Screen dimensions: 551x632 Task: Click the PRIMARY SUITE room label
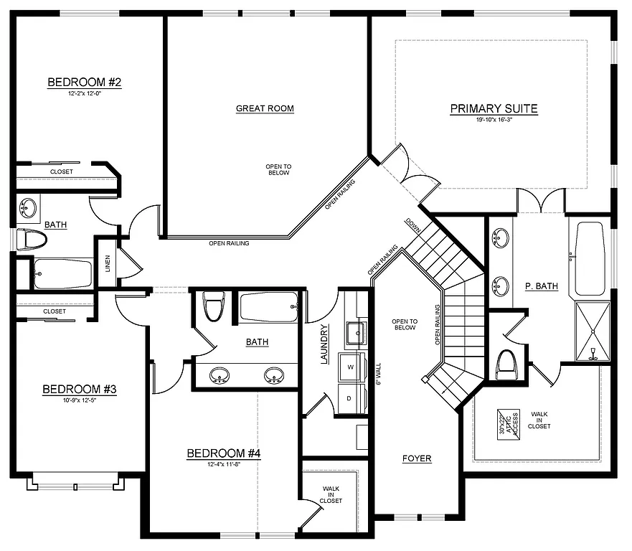(494, 109)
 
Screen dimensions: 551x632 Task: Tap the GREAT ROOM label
(265, 109)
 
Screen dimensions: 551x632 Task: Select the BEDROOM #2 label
(84, 83)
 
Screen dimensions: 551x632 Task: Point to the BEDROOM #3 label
(79, 390)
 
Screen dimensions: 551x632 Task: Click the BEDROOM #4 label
(223, 453)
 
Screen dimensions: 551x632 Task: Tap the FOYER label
(417, 458)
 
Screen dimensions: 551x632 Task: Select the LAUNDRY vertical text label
(325, 344)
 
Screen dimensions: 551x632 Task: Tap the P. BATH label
(541, 286)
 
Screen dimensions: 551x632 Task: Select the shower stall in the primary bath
(593, 331)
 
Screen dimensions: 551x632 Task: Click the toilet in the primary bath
(506, 364)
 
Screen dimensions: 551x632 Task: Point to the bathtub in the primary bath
(590, 258)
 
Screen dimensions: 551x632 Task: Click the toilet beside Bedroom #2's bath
(30, 239)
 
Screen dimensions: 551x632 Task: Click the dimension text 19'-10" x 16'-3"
(494, 121)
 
